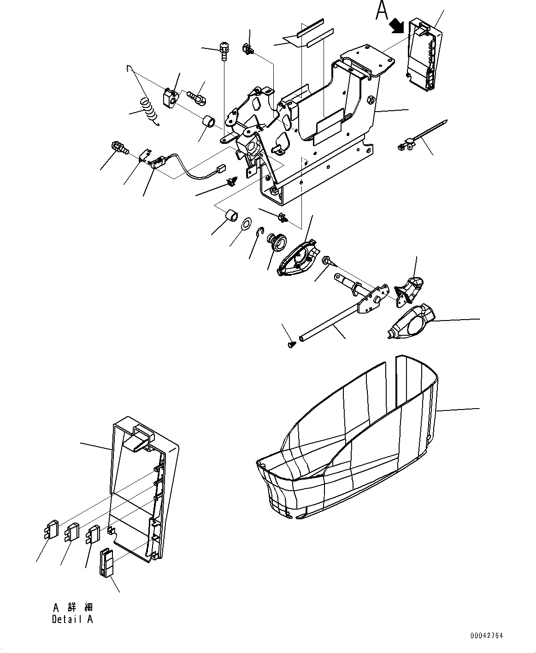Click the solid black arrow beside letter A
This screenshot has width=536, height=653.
click(x=396, y=26)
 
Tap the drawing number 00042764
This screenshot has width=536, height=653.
click(x=486, y=635)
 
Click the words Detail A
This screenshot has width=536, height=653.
click(x=72, y=619)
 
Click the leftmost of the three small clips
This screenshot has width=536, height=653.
click(x=50, y=530)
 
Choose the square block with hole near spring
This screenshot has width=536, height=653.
click(x=170, y=97)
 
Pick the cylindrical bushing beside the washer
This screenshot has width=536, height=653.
click(x=230, y=216)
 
